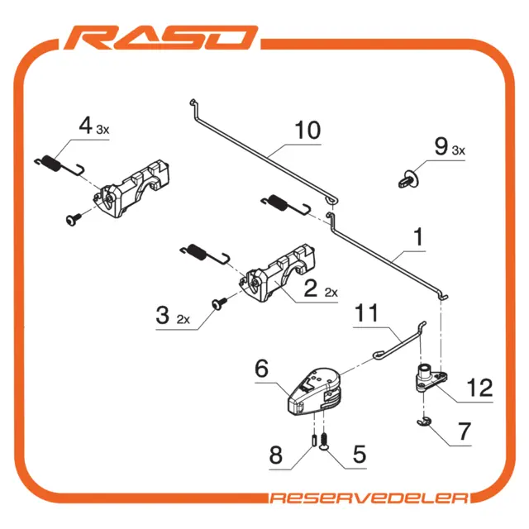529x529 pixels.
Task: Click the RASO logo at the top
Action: point(161,37)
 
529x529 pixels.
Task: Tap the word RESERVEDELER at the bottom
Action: point(369,498)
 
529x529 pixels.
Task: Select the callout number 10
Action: point(307,130)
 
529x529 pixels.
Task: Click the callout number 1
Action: point(418,236)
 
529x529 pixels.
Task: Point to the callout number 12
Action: point(479,388)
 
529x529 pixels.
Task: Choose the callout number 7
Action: point(465,431)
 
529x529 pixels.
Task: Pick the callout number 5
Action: point(360,454)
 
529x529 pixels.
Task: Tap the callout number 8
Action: point(275,455)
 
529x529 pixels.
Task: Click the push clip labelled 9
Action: point(408,179)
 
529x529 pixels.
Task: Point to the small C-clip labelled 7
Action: point(424,422)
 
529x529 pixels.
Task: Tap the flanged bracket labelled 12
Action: point(430,378)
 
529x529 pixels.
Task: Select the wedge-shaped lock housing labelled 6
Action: point(314,391)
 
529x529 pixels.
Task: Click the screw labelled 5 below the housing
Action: point(323,441)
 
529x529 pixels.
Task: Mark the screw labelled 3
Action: point(219,303)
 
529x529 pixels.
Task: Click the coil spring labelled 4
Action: point(60,165)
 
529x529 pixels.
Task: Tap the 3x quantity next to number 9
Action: point(458,150)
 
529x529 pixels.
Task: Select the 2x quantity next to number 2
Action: point(331,292)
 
